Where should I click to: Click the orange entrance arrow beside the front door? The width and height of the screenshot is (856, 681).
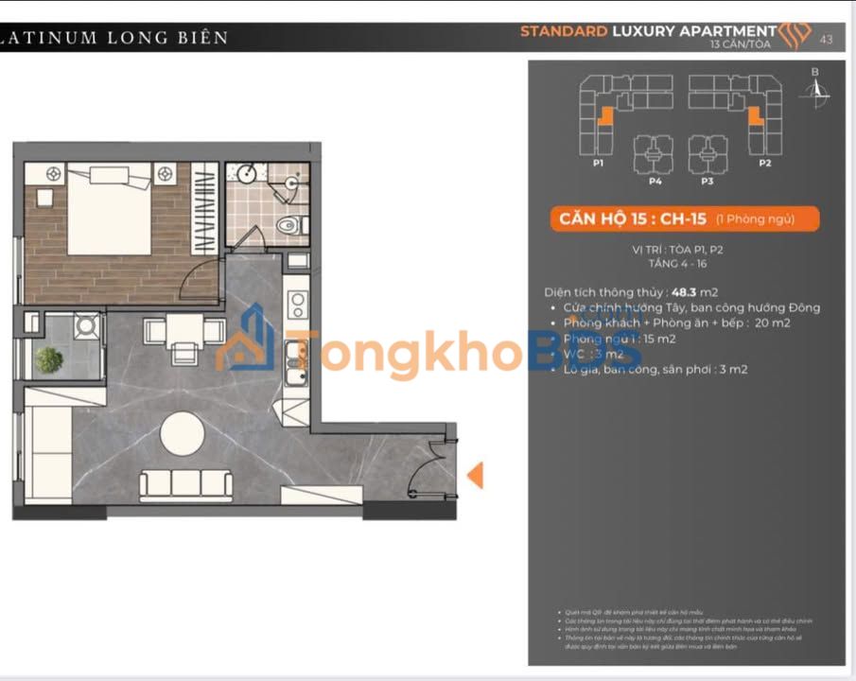coord(476,475)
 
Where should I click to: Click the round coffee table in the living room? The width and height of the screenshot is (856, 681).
coord(183,435)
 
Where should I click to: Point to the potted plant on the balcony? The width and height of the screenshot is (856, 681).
coord(48,359)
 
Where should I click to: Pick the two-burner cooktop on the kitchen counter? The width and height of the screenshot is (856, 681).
coord(296,305)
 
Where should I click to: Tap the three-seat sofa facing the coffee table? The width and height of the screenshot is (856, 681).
coord(186,485)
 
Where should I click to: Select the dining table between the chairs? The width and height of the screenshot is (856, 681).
coord(184,330)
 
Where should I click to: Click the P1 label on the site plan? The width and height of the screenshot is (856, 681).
coord(599,163)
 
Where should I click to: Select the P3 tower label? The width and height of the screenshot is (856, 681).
coord(707,180)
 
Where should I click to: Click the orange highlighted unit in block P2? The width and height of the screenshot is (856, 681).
coord(756,116)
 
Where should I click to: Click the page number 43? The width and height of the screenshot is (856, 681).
coord(827,39)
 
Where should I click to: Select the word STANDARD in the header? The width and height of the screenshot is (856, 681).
coord(564,31)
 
